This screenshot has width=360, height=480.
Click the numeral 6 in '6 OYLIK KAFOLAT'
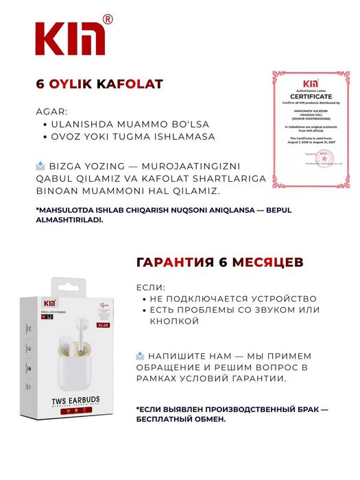coord(40,84)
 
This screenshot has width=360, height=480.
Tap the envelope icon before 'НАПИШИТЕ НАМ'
coord(141,356)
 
